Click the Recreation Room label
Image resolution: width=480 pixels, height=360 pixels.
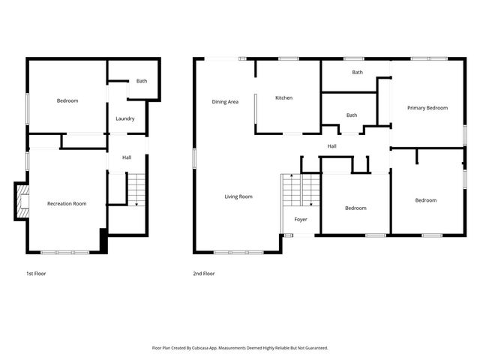click(67, 204)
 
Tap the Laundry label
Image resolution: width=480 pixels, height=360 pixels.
click(125, 118)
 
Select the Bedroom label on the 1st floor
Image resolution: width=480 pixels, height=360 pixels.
click(67, 100)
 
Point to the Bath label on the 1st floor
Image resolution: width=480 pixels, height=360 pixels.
click(141, 81)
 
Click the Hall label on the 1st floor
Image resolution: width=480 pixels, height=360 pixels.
click(127, 157)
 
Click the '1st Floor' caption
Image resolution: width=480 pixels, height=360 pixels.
click(36, 274)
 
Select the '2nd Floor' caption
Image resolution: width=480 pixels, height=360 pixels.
click(203, 274)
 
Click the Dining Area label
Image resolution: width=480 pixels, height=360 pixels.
click(225, 101)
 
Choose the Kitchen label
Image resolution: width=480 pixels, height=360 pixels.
click(283, 98)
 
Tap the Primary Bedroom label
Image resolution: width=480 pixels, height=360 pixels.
click(427, 108)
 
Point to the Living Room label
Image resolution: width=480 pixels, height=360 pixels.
click(238, 196)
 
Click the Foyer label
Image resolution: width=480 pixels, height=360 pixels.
click(300, 220)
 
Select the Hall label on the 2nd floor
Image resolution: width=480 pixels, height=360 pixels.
click(331, 146)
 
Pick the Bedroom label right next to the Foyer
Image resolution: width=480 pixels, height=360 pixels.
click(355, 208)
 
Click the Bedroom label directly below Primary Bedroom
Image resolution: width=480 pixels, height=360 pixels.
click(426, 200)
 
